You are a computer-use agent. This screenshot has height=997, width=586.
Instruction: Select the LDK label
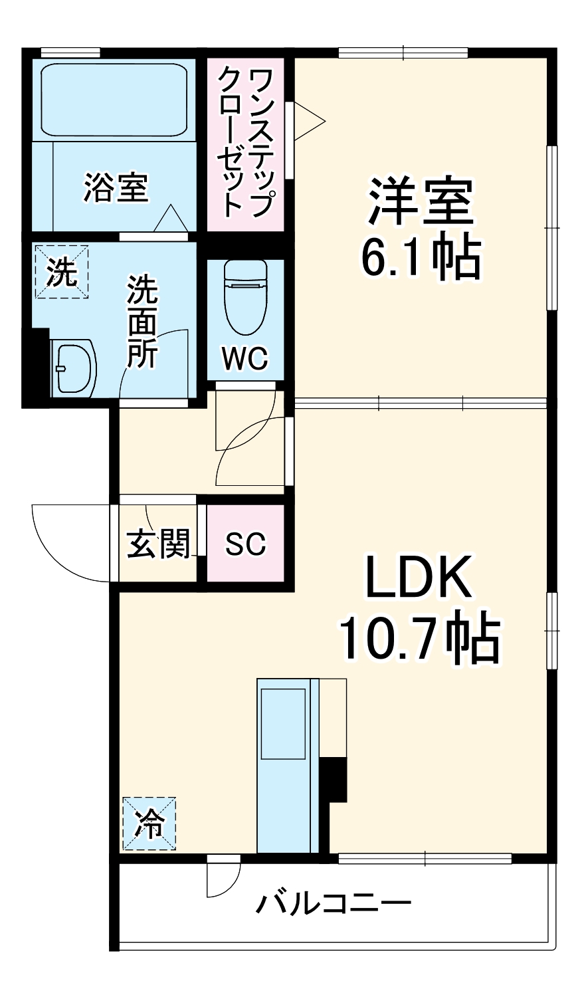click(419, 577)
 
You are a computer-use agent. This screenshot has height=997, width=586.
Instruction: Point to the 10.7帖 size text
click(419, 639)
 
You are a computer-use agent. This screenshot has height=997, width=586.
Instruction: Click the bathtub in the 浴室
click(114, 100)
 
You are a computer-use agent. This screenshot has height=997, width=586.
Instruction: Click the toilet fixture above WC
click(245, 296)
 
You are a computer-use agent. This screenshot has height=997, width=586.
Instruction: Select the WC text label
click(245, 358)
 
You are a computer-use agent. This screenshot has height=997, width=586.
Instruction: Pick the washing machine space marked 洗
click(62, 272)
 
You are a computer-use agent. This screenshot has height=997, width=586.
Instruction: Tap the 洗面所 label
click(142, 322)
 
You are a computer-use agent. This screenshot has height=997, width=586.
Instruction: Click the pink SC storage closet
click(245, 543)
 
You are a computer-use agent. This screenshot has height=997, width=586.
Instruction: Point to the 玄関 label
click(158, 544)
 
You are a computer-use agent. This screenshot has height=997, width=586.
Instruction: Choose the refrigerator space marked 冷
click(149, 824)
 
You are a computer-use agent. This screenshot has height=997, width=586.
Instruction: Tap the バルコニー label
click(334, 904)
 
